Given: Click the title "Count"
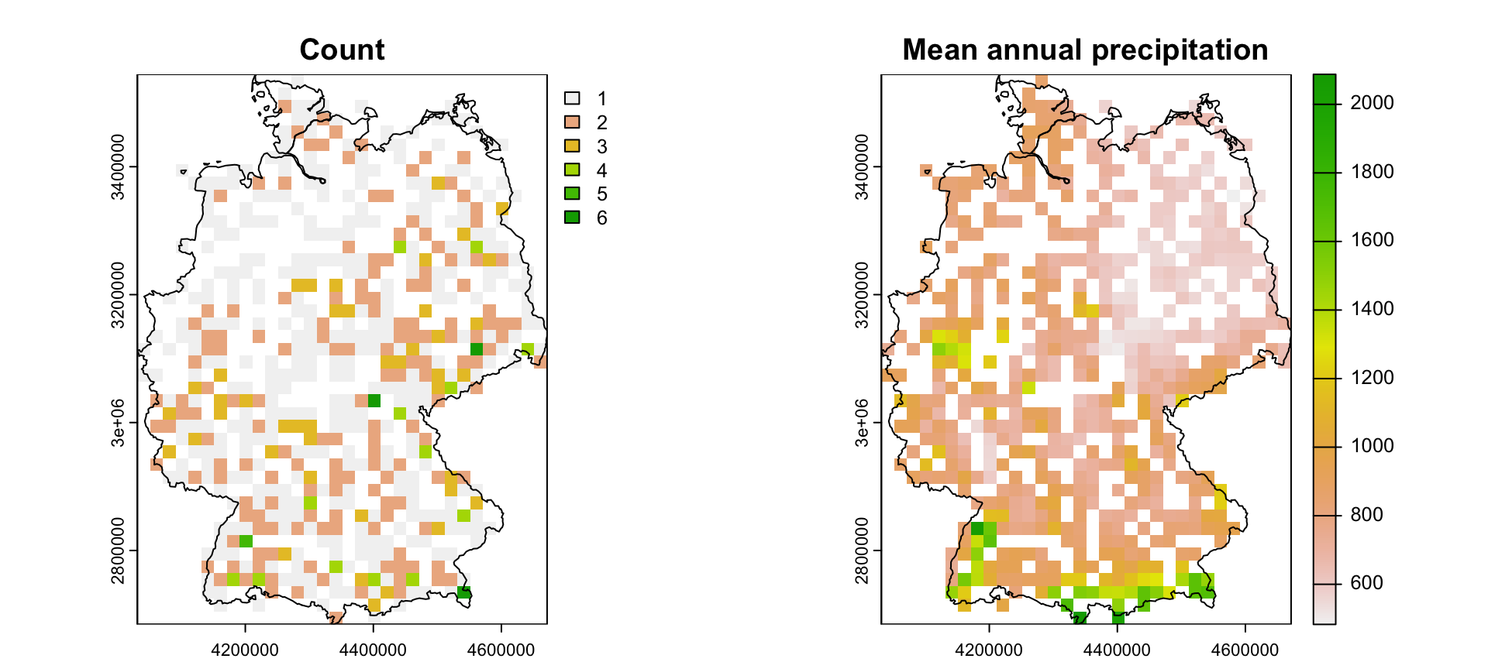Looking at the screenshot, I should (x=342, y=50).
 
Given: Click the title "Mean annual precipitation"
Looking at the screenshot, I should (x=1085, y=50).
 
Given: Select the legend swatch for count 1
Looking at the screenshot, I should (x=572, y=98).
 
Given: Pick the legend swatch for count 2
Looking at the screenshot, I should (x=572, y=122).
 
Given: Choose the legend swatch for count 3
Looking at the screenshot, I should (x=572, y=146).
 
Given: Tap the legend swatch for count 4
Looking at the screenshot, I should (x=572, y=170).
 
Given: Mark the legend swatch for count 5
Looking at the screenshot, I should (x=572, y=194).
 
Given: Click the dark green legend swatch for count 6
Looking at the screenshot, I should (x=572, y=218).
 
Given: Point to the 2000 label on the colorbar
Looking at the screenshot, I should (x=1372, y=103).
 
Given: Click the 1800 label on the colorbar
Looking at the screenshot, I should (x=1372, y=172).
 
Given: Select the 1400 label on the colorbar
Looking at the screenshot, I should (x=1372, y=309).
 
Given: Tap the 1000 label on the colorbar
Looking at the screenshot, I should (x=1372, y=446).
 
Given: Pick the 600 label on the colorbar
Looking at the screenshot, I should (x=1366, y=583).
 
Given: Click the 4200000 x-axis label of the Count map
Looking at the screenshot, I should (x=245, y=650).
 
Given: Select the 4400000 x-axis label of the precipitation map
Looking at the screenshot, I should (x=1117, y=650).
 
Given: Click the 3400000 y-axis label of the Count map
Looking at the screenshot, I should (x=118, y=166).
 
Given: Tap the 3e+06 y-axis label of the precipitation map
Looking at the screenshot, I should (x=862, y=423).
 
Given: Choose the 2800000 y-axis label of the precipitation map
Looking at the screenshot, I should (x=862, y=551).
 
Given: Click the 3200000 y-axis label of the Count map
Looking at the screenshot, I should (x=118, y=295).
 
